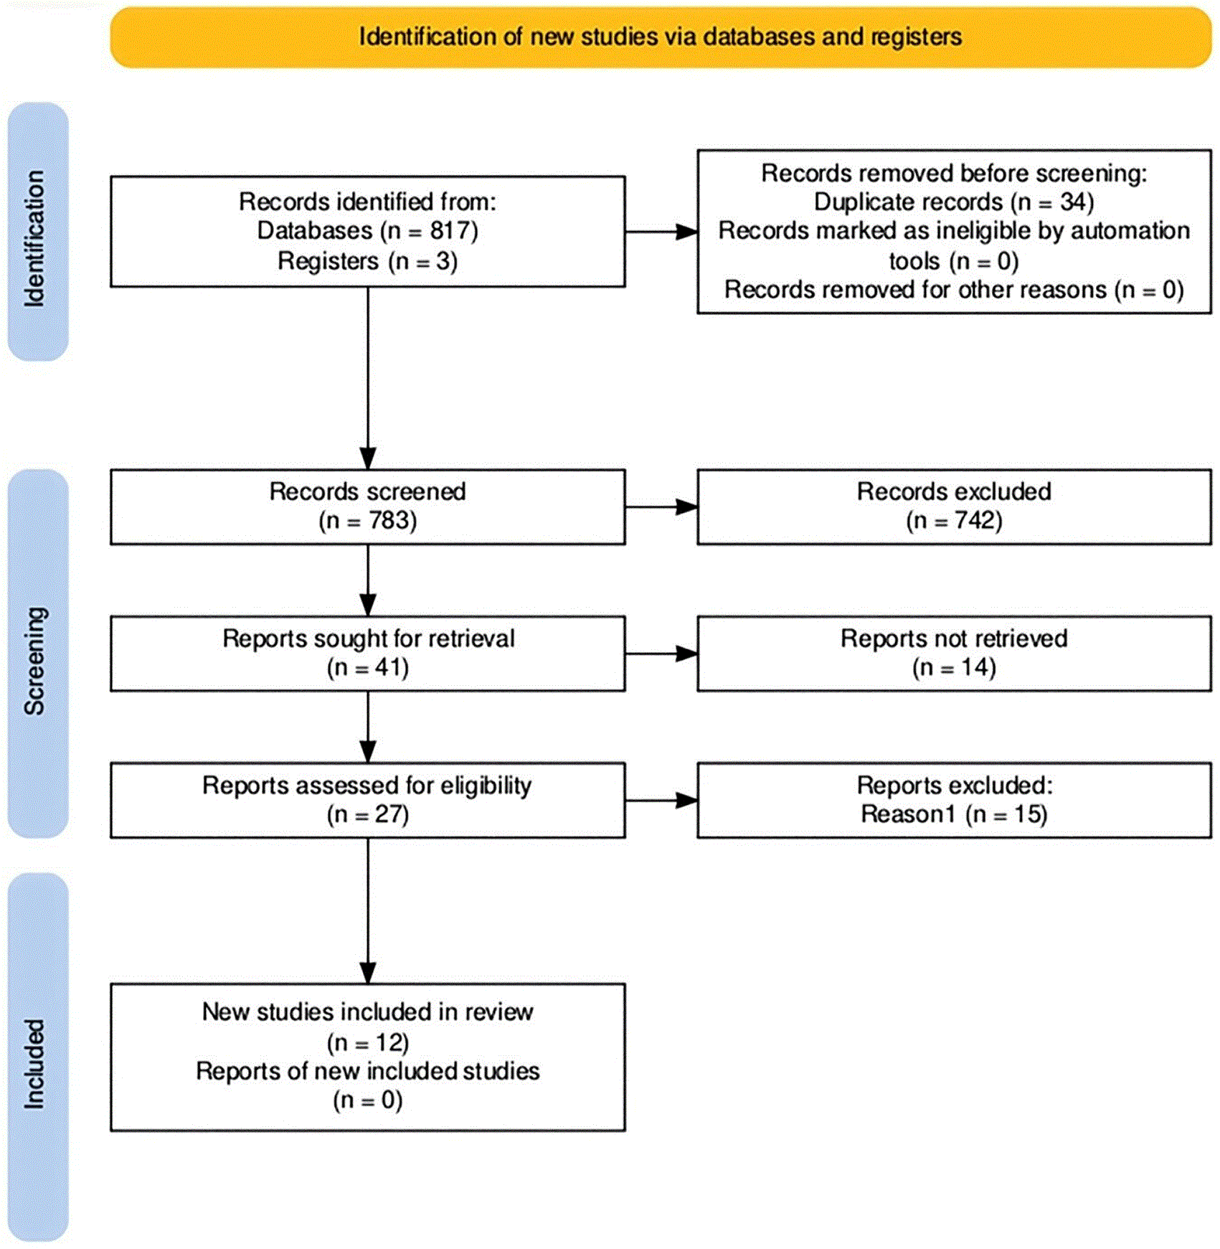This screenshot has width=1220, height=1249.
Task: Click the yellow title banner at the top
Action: tap(661, 37)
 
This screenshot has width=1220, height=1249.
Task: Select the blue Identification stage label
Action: tap(37, 231)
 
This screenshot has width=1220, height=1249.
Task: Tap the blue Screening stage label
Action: tap(37, 654)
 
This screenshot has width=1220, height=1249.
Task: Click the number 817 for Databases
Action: tap(449, 230)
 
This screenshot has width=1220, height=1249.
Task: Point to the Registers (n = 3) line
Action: tap(367, 260)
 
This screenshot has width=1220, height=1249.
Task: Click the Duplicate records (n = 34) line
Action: tap(954, 202)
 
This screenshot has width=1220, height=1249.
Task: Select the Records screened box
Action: tap(367, 506)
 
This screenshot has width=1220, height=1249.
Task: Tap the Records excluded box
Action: tap(954, 506)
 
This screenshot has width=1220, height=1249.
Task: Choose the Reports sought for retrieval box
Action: tap(367, 654)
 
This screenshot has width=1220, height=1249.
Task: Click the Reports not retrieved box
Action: tap(954, 654)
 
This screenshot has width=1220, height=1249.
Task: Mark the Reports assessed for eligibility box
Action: tap(367, 800)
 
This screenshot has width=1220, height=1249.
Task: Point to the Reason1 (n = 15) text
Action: tap(954, 814)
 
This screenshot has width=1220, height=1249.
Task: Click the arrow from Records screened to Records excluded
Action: tap(661, 507)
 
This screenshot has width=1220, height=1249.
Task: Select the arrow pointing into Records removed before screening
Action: tap(661, 232)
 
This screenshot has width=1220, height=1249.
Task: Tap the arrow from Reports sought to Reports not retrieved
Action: tap(661, 654)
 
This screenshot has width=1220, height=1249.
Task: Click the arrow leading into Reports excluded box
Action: tap(661, 801)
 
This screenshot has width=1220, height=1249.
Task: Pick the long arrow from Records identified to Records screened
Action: tap(368, 379)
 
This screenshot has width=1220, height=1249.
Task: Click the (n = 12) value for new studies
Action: tap(367, 1042)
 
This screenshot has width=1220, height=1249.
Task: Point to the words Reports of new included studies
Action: tap(367, 1071)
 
